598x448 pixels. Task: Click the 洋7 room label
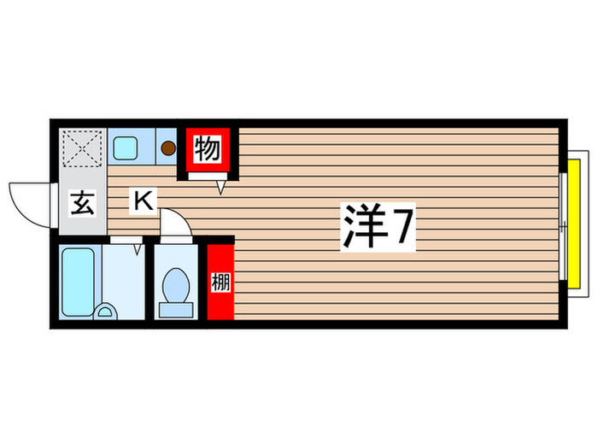[378, 226]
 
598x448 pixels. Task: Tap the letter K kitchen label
[143, 201]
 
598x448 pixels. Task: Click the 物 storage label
[207, 150]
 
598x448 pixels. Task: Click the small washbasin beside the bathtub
[107, 312]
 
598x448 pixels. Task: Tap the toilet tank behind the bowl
[177, 309]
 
